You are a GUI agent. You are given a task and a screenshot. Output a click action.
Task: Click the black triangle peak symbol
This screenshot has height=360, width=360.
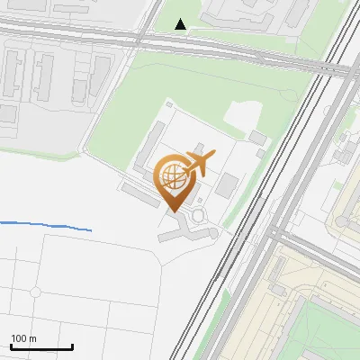tap(181, 24)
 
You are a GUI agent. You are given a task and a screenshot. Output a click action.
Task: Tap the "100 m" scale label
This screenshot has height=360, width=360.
tap(23, 338)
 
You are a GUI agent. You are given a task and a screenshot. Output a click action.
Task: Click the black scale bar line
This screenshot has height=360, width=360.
tap(41, 346)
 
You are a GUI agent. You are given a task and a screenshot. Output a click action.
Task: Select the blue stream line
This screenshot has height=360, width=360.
tap(45, 225)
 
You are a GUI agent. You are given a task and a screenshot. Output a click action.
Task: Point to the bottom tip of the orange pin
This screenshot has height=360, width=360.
tap(175, 211)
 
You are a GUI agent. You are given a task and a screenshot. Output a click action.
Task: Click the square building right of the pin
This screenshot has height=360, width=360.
tap(226, 185)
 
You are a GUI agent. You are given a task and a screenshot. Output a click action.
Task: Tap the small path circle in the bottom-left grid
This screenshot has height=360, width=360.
tap(35, 292)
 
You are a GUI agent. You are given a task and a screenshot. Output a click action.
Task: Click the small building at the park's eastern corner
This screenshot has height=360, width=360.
tap(258, 138)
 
